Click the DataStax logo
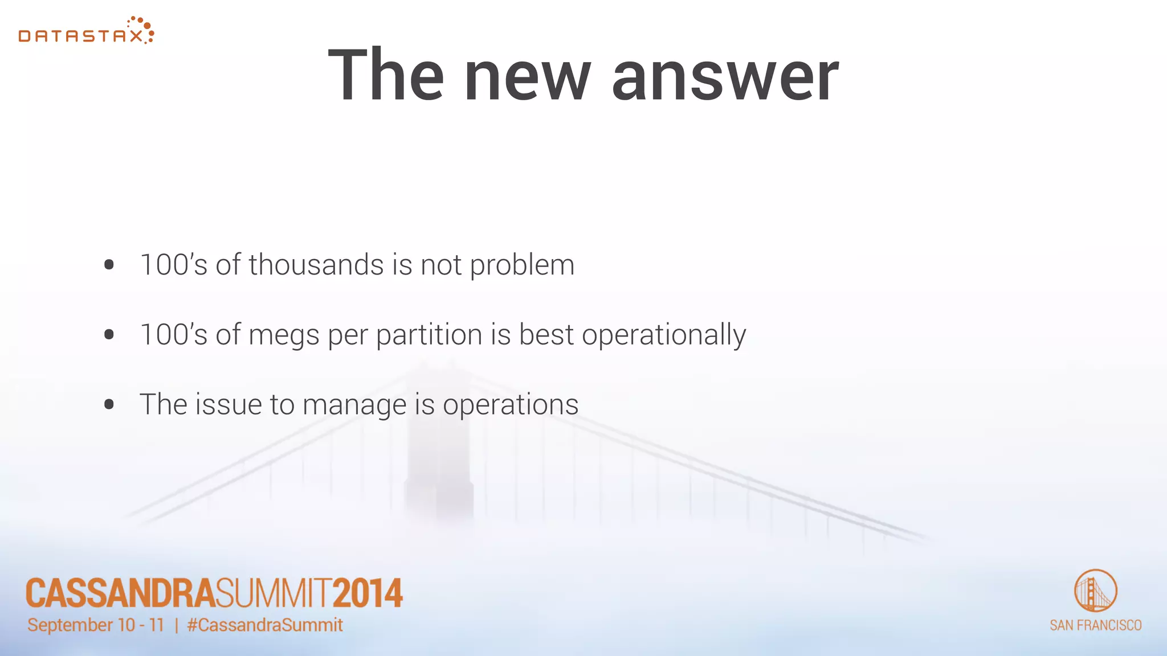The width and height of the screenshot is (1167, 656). [85, 31]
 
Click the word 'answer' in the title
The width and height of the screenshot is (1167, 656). [725, 76]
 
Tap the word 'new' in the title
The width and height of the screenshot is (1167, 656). [528, 76]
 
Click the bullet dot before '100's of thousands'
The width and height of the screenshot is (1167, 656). [109, 265]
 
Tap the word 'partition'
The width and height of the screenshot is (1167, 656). [429, 335]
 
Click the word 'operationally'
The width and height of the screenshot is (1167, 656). [664, 335]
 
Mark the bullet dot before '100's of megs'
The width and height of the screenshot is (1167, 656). [109, 335]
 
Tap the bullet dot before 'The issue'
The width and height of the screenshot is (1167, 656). [109, 405]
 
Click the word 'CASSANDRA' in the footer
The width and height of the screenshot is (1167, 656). [120, 593]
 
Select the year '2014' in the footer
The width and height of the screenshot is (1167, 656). [368, 593]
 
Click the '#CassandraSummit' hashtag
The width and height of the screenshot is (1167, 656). [265, 625]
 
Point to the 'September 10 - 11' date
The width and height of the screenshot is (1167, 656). [96, 625]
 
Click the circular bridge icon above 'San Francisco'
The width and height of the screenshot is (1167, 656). [1095, 591]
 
